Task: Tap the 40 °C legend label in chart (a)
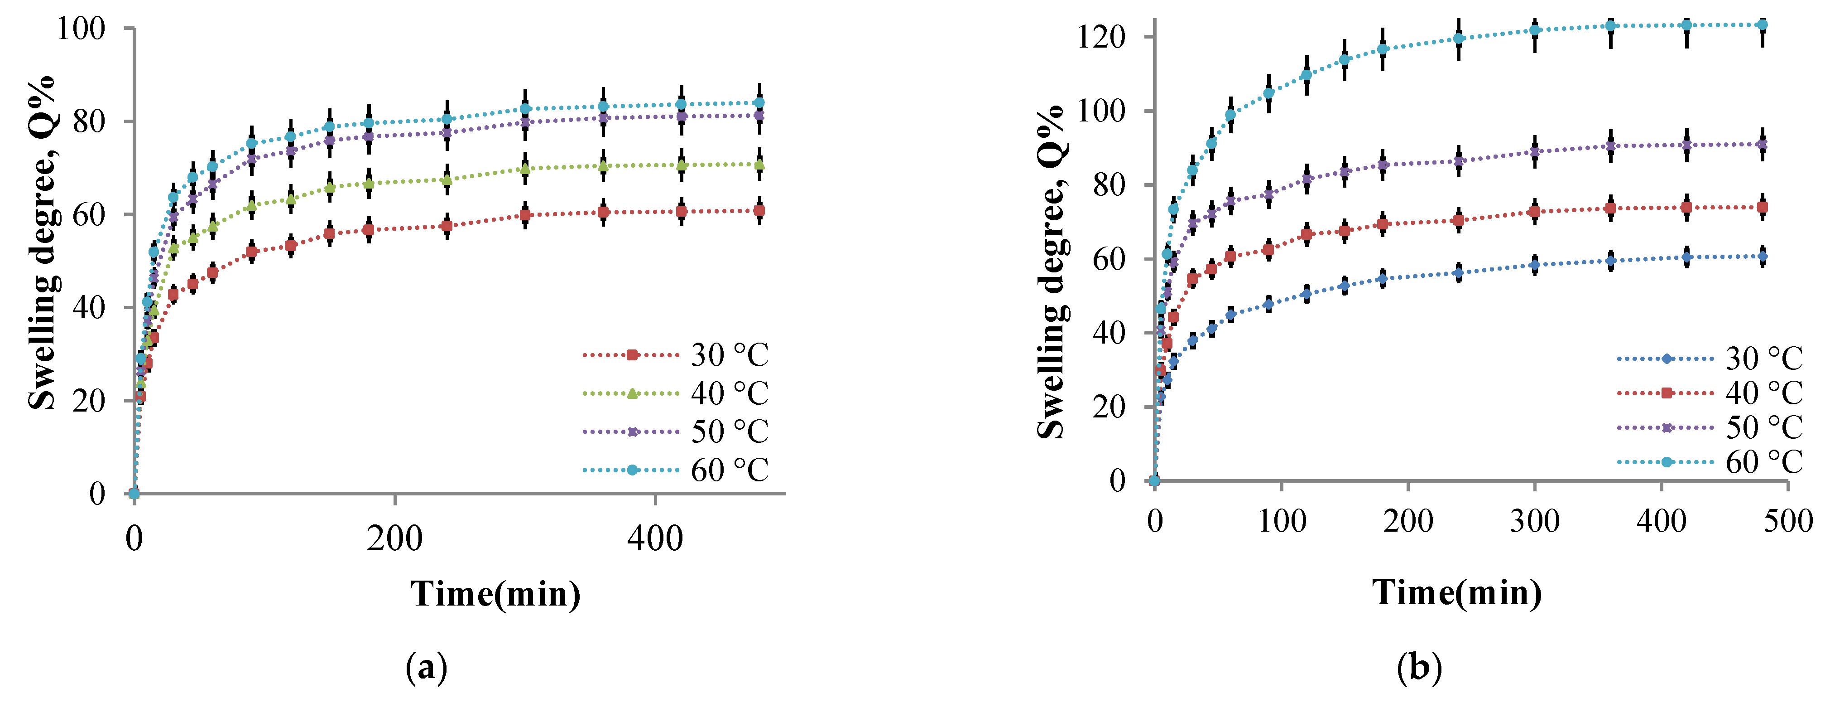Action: (729, 393)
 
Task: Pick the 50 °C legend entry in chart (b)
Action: (1763, 427)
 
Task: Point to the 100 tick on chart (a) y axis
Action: (80, 29)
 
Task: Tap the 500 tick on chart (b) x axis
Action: (1787, 522)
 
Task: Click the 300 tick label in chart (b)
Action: (1534, 522)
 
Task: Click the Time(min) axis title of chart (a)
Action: (495, 593)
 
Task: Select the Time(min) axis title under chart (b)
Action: (1456, 592)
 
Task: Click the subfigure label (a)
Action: (426, 668)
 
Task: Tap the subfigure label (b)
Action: (1419, 668)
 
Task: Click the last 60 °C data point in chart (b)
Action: (1762, 25)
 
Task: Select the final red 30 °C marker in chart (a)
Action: (759, 210)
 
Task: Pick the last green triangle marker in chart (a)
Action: (759, 165)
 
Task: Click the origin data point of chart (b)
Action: (1154, 480)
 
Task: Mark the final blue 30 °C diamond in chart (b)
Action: (1762, 256)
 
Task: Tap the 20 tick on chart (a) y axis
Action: (89, 401)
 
